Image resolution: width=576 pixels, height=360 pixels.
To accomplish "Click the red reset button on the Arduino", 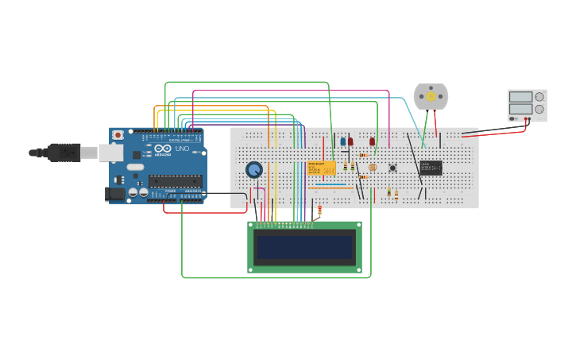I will point(118,135).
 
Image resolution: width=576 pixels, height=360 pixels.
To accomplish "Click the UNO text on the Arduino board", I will point(182,149).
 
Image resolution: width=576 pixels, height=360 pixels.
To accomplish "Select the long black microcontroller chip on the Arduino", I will point(175,181).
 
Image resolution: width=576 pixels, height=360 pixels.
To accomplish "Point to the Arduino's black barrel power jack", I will point(115,193).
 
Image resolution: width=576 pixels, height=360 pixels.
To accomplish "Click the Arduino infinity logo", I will point(163,149).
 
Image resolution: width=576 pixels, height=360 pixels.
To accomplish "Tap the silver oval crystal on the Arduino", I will point(135,167).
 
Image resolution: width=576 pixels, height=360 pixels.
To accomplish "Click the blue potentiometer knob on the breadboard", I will point(254,169).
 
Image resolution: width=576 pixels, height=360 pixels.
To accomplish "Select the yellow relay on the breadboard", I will point(322,168).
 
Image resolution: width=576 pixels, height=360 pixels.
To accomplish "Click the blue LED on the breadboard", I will point(343,141).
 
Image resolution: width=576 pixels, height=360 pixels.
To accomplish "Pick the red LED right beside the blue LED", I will point(350,141).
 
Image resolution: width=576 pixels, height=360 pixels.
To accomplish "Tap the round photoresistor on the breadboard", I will point(373,168).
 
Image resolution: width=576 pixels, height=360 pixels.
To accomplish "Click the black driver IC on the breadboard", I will point(431,168).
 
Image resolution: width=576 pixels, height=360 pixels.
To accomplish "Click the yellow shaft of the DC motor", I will point(431,96).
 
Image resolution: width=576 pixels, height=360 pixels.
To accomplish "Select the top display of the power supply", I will point(520,97).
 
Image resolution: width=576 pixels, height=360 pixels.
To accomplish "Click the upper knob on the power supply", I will point(539,97).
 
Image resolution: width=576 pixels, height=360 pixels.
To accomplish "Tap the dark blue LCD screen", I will point(304,247).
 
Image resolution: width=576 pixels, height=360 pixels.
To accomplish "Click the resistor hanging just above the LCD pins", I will point(319,211).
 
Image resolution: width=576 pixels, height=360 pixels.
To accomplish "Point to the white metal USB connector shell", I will point(110,153).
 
